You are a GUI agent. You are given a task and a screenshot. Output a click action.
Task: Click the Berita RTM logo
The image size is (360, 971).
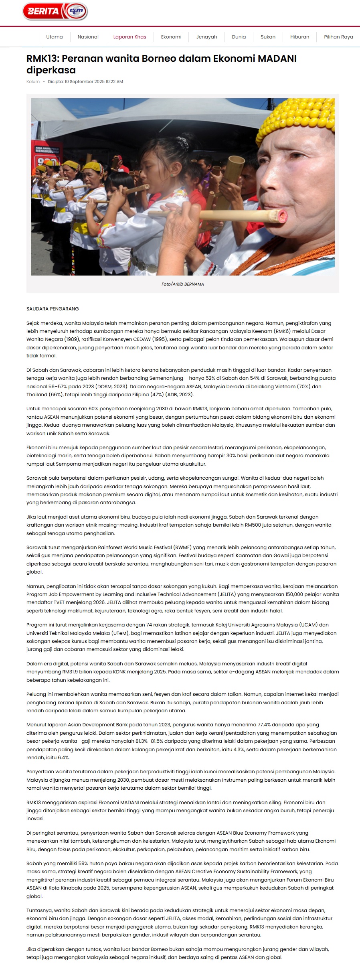55,11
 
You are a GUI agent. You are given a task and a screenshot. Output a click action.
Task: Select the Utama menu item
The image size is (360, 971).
55,37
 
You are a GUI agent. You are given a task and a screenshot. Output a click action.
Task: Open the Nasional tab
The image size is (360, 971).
88,37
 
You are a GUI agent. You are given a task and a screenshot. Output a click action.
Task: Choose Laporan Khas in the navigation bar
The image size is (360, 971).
129,37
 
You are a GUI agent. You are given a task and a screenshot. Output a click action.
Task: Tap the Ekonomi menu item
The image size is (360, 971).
171,37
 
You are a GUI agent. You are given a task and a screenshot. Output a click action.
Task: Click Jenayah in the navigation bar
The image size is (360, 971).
206,37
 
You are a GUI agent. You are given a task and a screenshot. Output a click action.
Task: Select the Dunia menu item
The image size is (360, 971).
239,37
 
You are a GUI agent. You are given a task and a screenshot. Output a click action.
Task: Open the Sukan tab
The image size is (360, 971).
268,37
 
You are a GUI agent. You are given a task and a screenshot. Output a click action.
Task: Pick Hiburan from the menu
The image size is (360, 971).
299,37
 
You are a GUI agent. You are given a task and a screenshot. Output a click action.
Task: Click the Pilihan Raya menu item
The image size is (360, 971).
338,37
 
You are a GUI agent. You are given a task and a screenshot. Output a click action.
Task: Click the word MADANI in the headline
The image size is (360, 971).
277,59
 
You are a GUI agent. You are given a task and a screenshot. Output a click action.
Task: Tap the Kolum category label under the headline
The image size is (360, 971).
33,81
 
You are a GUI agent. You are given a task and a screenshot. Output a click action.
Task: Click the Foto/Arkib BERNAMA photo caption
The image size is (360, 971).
182,284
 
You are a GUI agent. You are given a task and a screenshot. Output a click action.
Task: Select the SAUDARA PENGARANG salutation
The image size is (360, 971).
53,309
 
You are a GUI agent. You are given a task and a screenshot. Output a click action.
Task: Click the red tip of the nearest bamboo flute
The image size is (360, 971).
283,217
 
